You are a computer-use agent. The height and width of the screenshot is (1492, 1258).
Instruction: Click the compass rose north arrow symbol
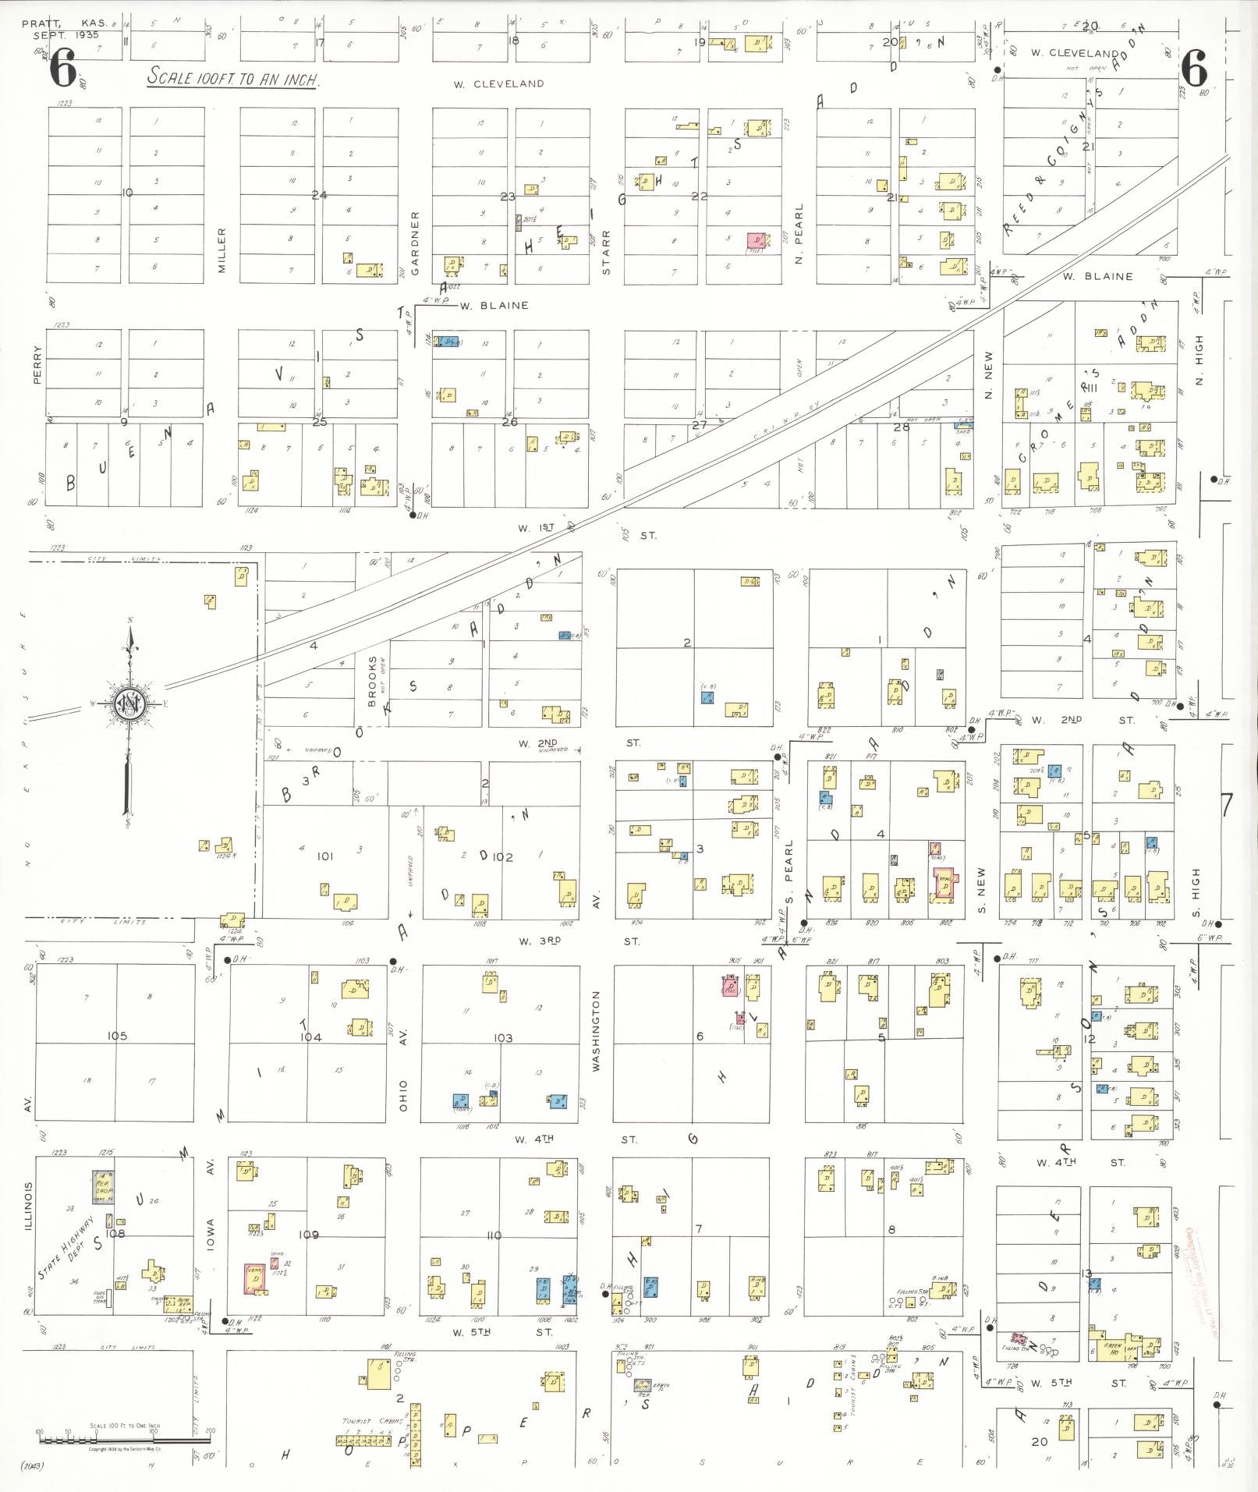click(x=127, y=704)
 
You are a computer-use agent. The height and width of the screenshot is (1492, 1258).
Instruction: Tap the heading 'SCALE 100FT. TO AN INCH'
click(x=233, y=78)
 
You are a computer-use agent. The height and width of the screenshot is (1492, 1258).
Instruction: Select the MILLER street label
click(x=221, y=250)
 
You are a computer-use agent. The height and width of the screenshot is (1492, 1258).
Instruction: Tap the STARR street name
click(x=606, y=251)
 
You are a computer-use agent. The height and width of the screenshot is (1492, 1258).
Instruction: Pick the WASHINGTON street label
click(x=596, y=1030)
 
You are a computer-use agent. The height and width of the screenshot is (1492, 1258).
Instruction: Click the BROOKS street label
click(x=373, y=681)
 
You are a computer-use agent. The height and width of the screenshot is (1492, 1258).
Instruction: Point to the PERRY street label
click(x=37, y=364)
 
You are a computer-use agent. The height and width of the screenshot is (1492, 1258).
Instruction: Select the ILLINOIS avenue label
click(x=29, y=1206)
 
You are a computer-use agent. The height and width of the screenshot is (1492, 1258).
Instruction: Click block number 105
click(x=117, y=1036)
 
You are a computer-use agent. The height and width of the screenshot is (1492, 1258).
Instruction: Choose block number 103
click(x=503, y=1038)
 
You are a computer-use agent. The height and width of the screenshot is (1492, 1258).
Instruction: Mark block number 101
click(x=324, y=856)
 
